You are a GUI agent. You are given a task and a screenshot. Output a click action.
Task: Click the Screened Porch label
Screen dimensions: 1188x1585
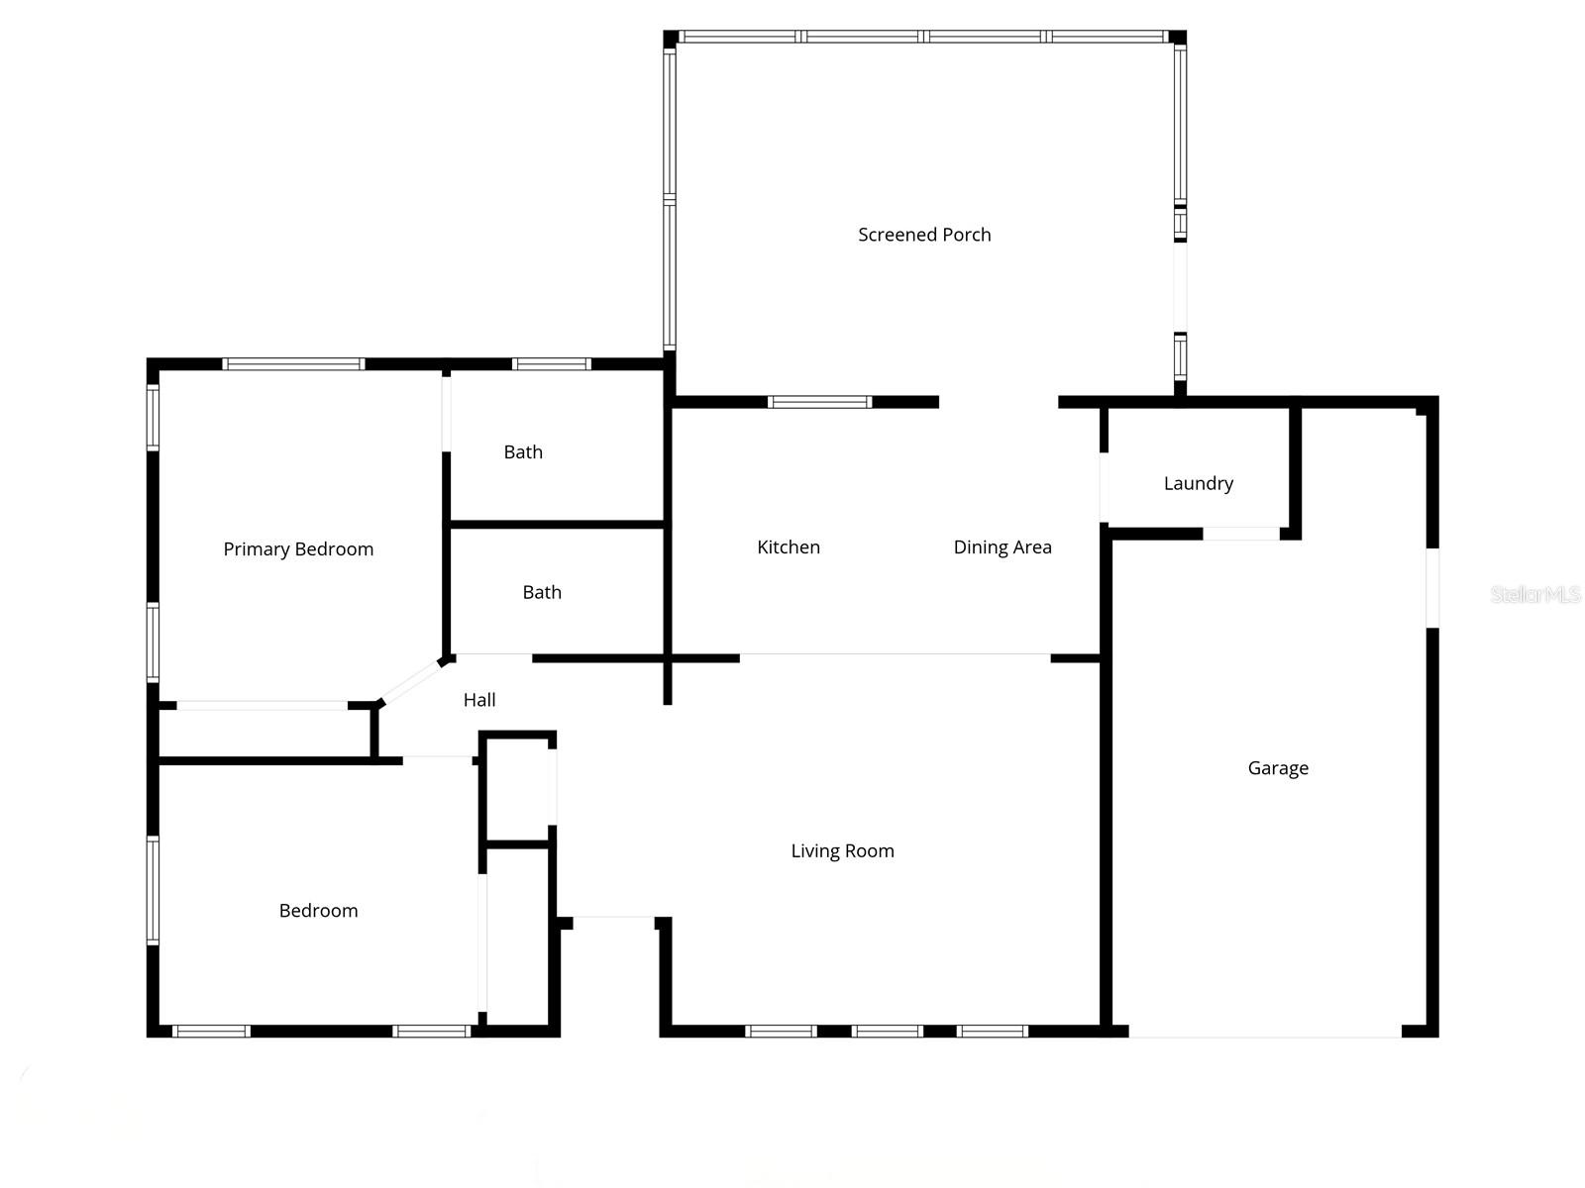924,235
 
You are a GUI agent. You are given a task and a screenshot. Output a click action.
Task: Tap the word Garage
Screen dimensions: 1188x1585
1278,768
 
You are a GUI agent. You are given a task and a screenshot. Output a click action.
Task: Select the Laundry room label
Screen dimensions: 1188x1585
1198,483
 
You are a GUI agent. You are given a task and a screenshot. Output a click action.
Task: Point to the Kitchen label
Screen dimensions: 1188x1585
789,547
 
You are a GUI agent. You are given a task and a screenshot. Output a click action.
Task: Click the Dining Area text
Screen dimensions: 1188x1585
1003,547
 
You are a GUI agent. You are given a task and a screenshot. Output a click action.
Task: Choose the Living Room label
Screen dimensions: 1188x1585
842,850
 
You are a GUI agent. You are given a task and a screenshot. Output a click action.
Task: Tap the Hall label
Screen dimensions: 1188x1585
479,700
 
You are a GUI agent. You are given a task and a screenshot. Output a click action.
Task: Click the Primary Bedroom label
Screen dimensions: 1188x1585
298,549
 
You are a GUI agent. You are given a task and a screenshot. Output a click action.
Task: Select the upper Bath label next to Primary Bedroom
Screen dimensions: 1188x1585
523,452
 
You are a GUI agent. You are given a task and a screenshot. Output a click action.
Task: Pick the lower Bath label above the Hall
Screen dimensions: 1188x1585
542,592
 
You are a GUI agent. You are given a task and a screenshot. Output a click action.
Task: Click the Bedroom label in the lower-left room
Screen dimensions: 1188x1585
318,911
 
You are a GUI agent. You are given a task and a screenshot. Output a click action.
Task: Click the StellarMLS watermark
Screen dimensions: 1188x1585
1534,594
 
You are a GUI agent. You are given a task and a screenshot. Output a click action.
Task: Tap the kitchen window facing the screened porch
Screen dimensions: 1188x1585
819,402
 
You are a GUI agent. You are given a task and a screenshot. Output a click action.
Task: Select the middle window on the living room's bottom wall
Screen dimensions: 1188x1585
887,1032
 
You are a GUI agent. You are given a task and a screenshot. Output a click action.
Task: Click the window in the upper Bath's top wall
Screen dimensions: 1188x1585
552,364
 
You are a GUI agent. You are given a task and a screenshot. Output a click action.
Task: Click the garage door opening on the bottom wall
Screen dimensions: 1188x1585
1265,1036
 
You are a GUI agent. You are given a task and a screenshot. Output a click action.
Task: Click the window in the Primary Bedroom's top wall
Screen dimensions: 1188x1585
294,364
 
